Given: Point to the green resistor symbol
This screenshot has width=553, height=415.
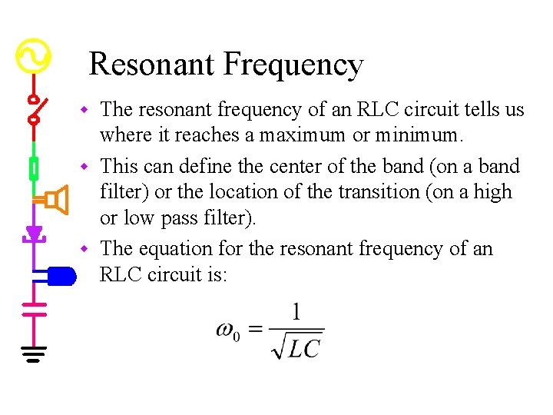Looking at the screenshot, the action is [x=34, y=167].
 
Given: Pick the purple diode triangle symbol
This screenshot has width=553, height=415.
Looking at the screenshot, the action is [x=34, y=232].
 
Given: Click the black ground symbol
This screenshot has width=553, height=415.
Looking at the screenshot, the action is [x=34, y=354].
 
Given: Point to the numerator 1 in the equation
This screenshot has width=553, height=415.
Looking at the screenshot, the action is [x=296, y=313].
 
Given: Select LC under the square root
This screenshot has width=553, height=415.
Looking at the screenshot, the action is [x=304, y=348].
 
